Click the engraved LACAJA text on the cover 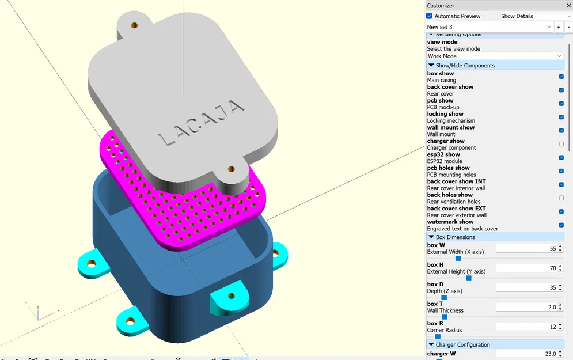pyautogui.click(x=200, y=121)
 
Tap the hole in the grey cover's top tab pyautogui.click(x=135, y=26)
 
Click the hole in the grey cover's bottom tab pyautogui.click(x=231, y=169)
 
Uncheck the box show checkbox pyautogui.click(x=561, y=77)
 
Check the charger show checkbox pyautogui.click(x=561, y=144)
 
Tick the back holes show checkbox pyautogui.click(x=561, y=198)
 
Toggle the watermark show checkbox pyautogui.click(x=561, y=225)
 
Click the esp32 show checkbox pyautogui.click(x=561, y=158)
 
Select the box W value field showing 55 pyautogui.click(x=526, y=248)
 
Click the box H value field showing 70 pyautogui.click(x=526, y=268)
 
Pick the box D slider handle pyautogui.click(x=444, y=298)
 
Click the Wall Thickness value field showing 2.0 pyautogui.click(x=526, y=307)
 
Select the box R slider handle pyautogui.click(x=438, y=337)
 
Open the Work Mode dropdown pyautogui.click(x=495, y=56)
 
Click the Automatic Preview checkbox pyautogui.click(x=430, y=16)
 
